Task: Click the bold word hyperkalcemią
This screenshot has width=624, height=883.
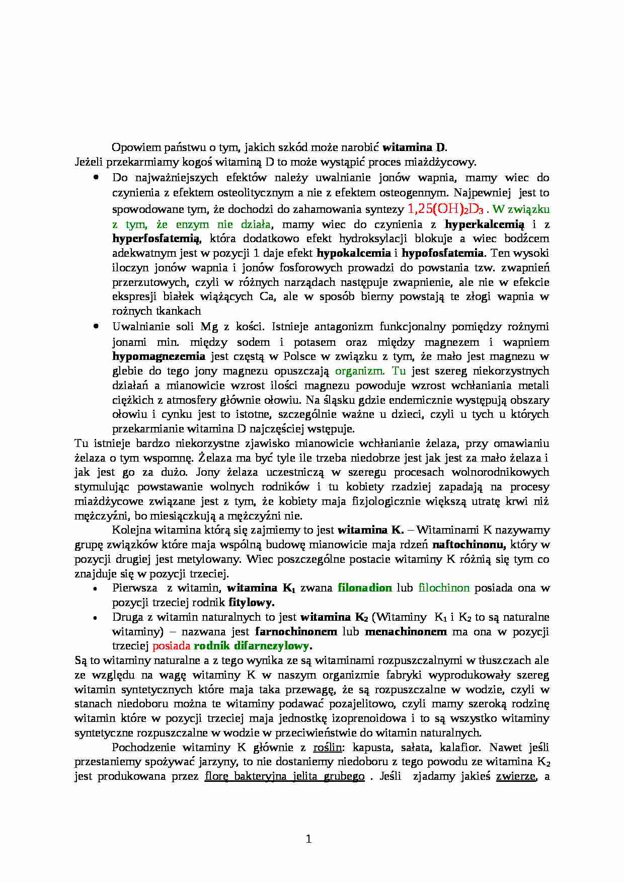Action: [484, 224]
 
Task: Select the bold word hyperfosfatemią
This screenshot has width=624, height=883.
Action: [156, 238]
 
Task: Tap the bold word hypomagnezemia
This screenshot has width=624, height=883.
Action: [159, 356]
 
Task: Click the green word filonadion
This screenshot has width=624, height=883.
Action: [364, 587]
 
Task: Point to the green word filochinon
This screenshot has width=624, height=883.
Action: [444, 587]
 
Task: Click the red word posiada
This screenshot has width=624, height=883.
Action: [171, 646]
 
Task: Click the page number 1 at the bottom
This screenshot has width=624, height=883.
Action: [309, 839]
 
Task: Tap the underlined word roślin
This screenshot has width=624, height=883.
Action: [327, 747]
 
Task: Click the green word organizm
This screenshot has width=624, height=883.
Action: [359, 371]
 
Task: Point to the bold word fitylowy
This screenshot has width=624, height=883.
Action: [251, 602]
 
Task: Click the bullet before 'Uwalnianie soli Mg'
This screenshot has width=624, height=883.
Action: [96, 327]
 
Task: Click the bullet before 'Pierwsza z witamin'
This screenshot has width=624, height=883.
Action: [96, 588]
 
